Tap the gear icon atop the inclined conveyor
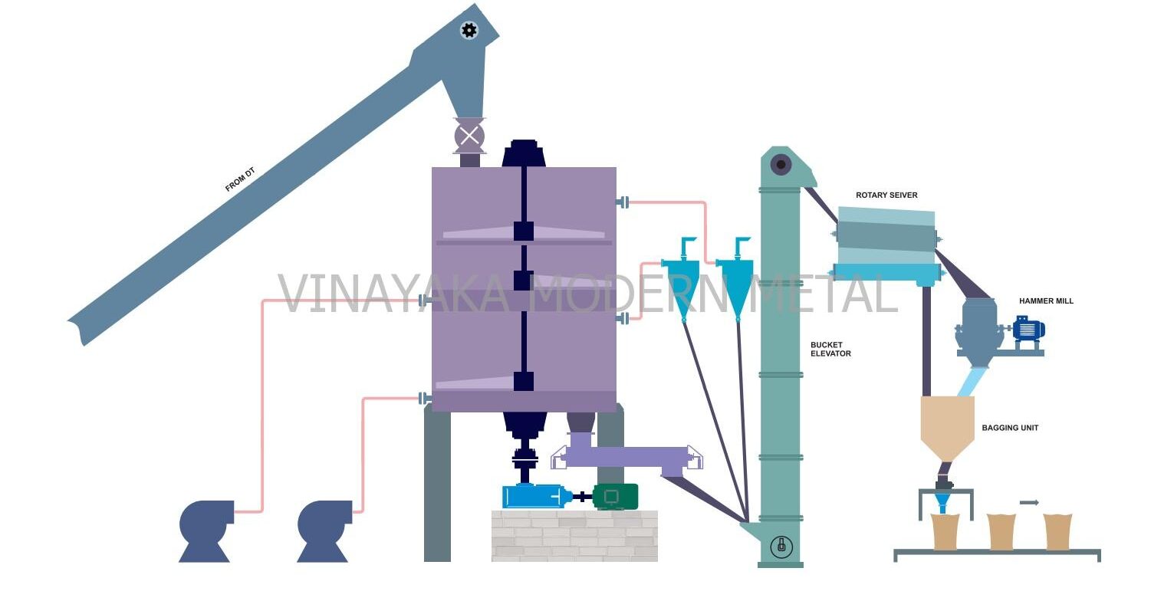tap(469, 31)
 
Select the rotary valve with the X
tap(469, 136)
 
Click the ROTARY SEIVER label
tap(886, 195)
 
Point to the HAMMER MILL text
tap(1046, 301)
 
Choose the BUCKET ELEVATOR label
tap(830, 350)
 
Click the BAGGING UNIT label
tap(1010, 428)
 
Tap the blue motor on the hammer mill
tap(1028, 330)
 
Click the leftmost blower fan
tap(205, 529)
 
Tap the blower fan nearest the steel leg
tap(323, 529)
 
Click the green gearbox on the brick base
tap(614, 497)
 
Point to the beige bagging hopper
tap(947, 425)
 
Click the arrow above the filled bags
tap(1029, 503)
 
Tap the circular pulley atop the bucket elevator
tap(781, 163)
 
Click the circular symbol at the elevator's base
tap(781, 547)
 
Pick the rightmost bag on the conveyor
tap(1057, 531)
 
